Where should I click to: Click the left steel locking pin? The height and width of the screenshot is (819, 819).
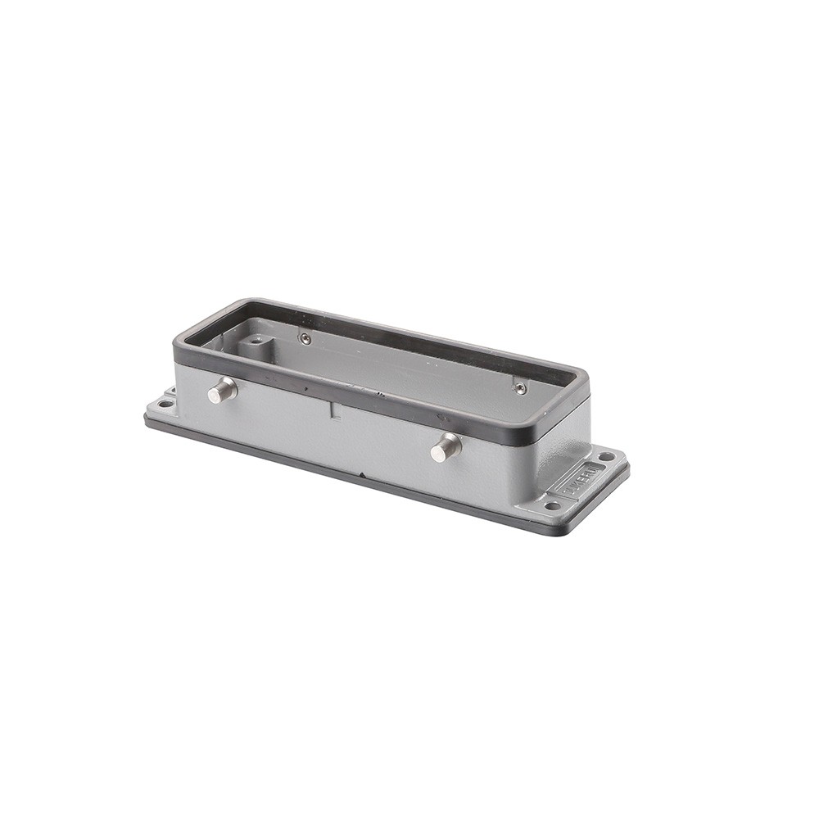click(x=220, y=391)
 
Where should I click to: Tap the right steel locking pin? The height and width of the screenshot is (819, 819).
click(x=446, y=448)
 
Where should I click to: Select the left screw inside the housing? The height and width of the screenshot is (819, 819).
click(x=305, y=339)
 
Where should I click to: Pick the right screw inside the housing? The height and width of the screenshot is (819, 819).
click(x=519, y=388)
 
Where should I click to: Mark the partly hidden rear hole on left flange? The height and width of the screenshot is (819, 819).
click(x=171, y=391)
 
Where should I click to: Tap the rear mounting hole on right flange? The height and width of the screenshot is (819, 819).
click(x=606, y=456)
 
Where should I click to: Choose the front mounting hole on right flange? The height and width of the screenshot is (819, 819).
click(x=553, y=505)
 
